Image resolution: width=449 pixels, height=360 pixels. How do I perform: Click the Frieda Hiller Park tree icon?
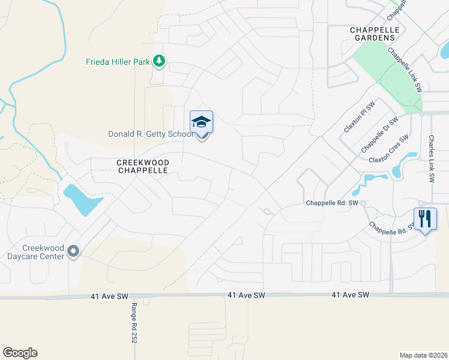[x=159, y=61]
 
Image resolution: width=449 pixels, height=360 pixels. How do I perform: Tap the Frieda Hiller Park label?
[x=117, y=62]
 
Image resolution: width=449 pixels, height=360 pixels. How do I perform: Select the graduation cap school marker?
[x=202, y=122]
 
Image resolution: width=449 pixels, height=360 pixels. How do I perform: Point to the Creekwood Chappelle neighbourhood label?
[x=143, y=166]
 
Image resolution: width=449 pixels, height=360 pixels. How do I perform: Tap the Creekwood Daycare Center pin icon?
[x=74, y=251]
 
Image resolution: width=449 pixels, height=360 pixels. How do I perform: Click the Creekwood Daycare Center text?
[x=43, y=251]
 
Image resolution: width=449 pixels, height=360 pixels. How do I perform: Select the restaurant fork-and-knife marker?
[x=425, y=219]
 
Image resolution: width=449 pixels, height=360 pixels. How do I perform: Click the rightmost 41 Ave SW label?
[x=351, y=295]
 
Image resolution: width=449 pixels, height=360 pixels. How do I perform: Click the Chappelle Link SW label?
[x=405, y=70]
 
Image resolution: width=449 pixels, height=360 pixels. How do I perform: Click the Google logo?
[x=20, y=353]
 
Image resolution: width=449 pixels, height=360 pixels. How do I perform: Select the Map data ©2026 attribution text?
[x=423, y=355]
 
